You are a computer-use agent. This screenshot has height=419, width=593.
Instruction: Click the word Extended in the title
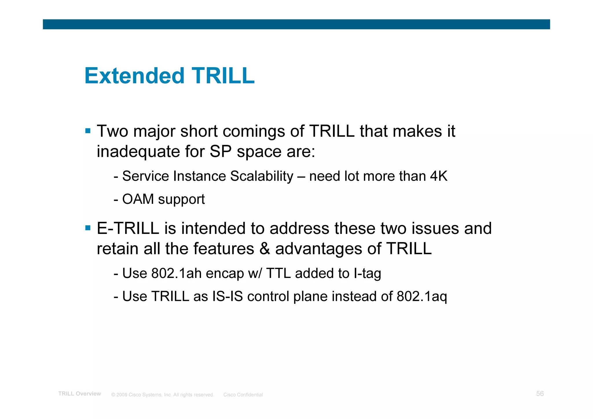pos(134,76)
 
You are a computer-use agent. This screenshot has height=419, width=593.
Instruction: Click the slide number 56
pos(540,394)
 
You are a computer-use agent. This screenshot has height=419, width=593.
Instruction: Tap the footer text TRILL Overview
pos(80,394)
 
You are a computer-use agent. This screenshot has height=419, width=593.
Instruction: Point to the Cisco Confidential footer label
pos(243,395)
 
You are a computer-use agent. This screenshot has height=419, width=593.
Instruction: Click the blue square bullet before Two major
pos(88,131)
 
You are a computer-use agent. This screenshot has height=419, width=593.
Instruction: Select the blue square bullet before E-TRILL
pos(88,228)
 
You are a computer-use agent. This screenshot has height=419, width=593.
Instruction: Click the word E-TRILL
pos(128,228)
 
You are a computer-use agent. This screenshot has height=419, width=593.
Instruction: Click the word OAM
pos(138,199)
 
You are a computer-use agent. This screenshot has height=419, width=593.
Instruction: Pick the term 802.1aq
pos(422,297)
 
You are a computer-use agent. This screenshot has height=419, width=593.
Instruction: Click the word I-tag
pos(367,273)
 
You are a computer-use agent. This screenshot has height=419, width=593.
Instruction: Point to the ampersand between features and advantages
pos(265,249)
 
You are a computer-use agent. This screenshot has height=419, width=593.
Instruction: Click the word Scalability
pos(262,176)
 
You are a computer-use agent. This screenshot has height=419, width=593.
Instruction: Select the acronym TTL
pos(278,273)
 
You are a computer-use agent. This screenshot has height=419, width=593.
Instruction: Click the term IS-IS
pos(227,297)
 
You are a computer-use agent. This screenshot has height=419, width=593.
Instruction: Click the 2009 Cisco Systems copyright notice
pos(162,395)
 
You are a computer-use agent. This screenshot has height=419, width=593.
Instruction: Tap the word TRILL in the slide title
pos(223,76)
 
